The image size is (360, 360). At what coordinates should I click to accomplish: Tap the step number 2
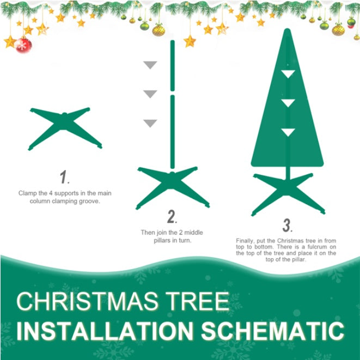(x=172, y=218)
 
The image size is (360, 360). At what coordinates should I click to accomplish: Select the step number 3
(x=287, y=225)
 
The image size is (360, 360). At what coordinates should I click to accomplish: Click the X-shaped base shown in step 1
(x=65, y=127)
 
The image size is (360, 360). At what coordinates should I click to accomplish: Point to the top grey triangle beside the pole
(x=150, y=65)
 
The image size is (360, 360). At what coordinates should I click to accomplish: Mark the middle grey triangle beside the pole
(x=150, y=94)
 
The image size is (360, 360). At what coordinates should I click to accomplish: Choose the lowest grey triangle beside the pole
(x=150, y=124)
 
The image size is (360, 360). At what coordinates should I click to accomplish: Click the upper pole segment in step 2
(x=172, y=65)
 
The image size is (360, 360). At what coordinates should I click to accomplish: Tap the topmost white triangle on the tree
(x=288, y=74)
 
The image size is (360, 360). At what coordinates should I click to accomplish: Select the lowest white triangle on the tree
(x=288, y=132)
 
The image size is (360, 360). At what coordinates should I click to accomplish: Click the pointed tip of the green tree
(x=288, y=32)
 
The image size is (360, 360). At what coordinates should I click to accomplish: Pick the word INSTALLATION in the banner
(x=103, y=331)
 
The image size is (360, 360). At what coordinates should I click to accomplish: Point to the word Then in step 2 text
(x=148, y=233)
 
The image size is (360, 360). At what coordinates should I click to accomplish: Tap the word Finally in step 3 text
(x=246, y=240)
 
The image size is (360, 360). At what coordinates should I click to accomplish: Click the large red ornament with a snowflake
(x=23, y=45)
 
